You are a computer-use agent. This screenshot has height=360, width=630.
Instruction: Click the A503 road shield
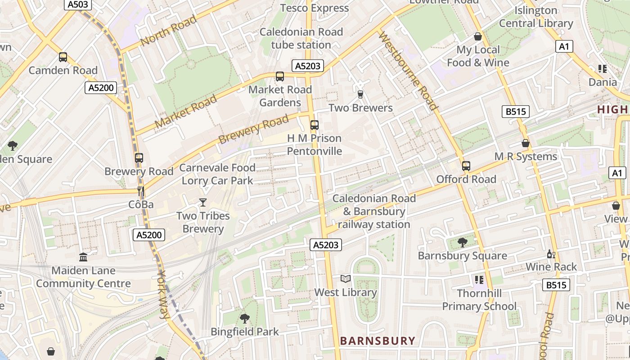coord(78,4)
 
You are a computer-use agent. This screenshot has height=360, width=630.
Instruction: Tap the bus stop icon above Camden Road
coord(63,57)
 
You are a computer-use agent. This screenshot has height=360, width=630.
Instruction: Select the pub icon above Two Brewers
coord(360,94)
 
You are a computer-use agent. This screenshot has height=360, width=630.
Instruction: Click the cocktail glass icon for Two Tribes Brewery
coord(203,202)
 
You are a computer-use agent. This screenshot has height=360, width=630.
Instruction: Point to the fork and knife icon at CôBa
coord(141,191)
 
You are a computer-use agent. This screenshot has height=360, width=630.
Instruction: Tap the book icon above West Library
coord(345,279)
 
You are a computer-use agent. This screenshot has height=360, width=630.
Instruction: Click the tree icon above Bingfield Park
coord(245,319)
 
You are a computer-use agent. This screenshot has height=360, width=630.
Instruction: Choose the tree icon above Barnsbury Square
coord(462,243)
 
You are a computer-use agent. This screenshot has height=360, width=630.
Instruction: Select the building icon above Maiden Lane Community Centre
coord(83,257)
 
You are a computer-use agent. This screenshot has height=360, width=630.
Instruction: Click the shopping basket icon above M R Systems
coord(525,143)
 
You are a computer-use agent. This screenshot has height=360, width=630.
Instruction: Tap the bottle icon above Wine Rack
coord(551,254)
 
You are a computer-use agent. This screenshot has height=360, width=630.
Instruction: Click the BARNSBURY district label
coord(377,341)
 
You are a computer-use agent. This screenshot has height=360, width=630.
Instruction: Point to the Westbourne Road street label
coord(408,71)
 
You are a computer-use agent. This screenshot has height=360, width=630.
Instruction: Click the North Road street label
coord(168,30)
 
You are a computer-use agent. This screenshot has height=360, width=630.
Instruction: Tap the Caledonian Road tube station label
coord(301,38)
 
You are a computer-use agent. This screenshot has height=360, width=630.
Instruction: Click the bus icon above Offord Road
coord(466,166)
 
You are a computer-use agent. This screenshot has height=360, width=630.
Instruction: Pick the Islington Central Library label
coord(535,17)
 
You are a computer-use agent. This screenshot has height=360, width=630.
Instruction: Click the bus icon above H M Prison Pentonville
coord(315,125)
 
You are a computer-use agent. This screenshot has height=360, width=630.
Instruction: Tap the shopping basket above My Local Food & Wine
coord(478,36)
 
